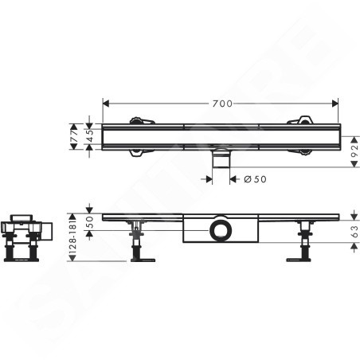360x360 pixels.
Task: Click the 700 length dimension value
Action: point(222,104)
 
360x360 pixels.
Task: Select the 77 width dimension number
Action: point(75,136)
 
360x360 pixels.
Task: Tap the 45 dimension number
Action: point(90,136)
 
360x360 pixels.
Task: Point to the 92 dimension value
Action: point(354,151)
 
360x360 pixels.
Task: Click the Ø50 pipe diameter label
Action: point(255,179)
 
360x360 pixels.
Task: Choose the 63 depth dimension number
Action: point(354,232)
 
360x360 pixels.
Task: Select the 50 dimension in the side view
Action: point(90,222)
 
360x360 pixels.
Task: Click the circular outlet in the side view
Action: point(221,230)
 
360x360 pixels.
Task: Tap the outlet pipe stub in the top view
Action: point(221,158)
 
